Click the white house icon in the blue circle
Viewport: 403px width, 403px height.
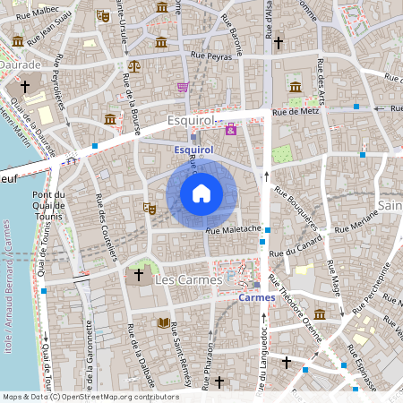tap(201, 193)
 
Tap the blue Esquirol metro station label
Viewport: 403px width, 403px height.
tap(193, 150)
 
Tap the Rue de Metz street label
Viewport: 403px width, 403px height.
tap(296, 112)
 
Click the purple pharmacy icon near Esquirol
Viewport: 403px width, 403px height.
tap(231, 130)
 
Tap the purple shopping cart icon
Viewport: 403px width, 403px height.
tap(183, 87)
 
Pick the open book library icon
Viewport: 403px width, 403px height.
tap(163, 322)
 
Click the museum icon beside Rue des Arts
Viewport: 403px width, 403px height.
tap(296, 87)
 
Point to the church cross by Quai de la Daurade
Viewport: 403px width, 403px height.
tap(25, 87)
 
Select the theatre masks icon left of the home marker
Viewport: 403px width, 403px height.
tap(150, 208)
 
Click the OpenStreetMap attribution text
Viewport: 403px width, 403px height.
tap(90, 397)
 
